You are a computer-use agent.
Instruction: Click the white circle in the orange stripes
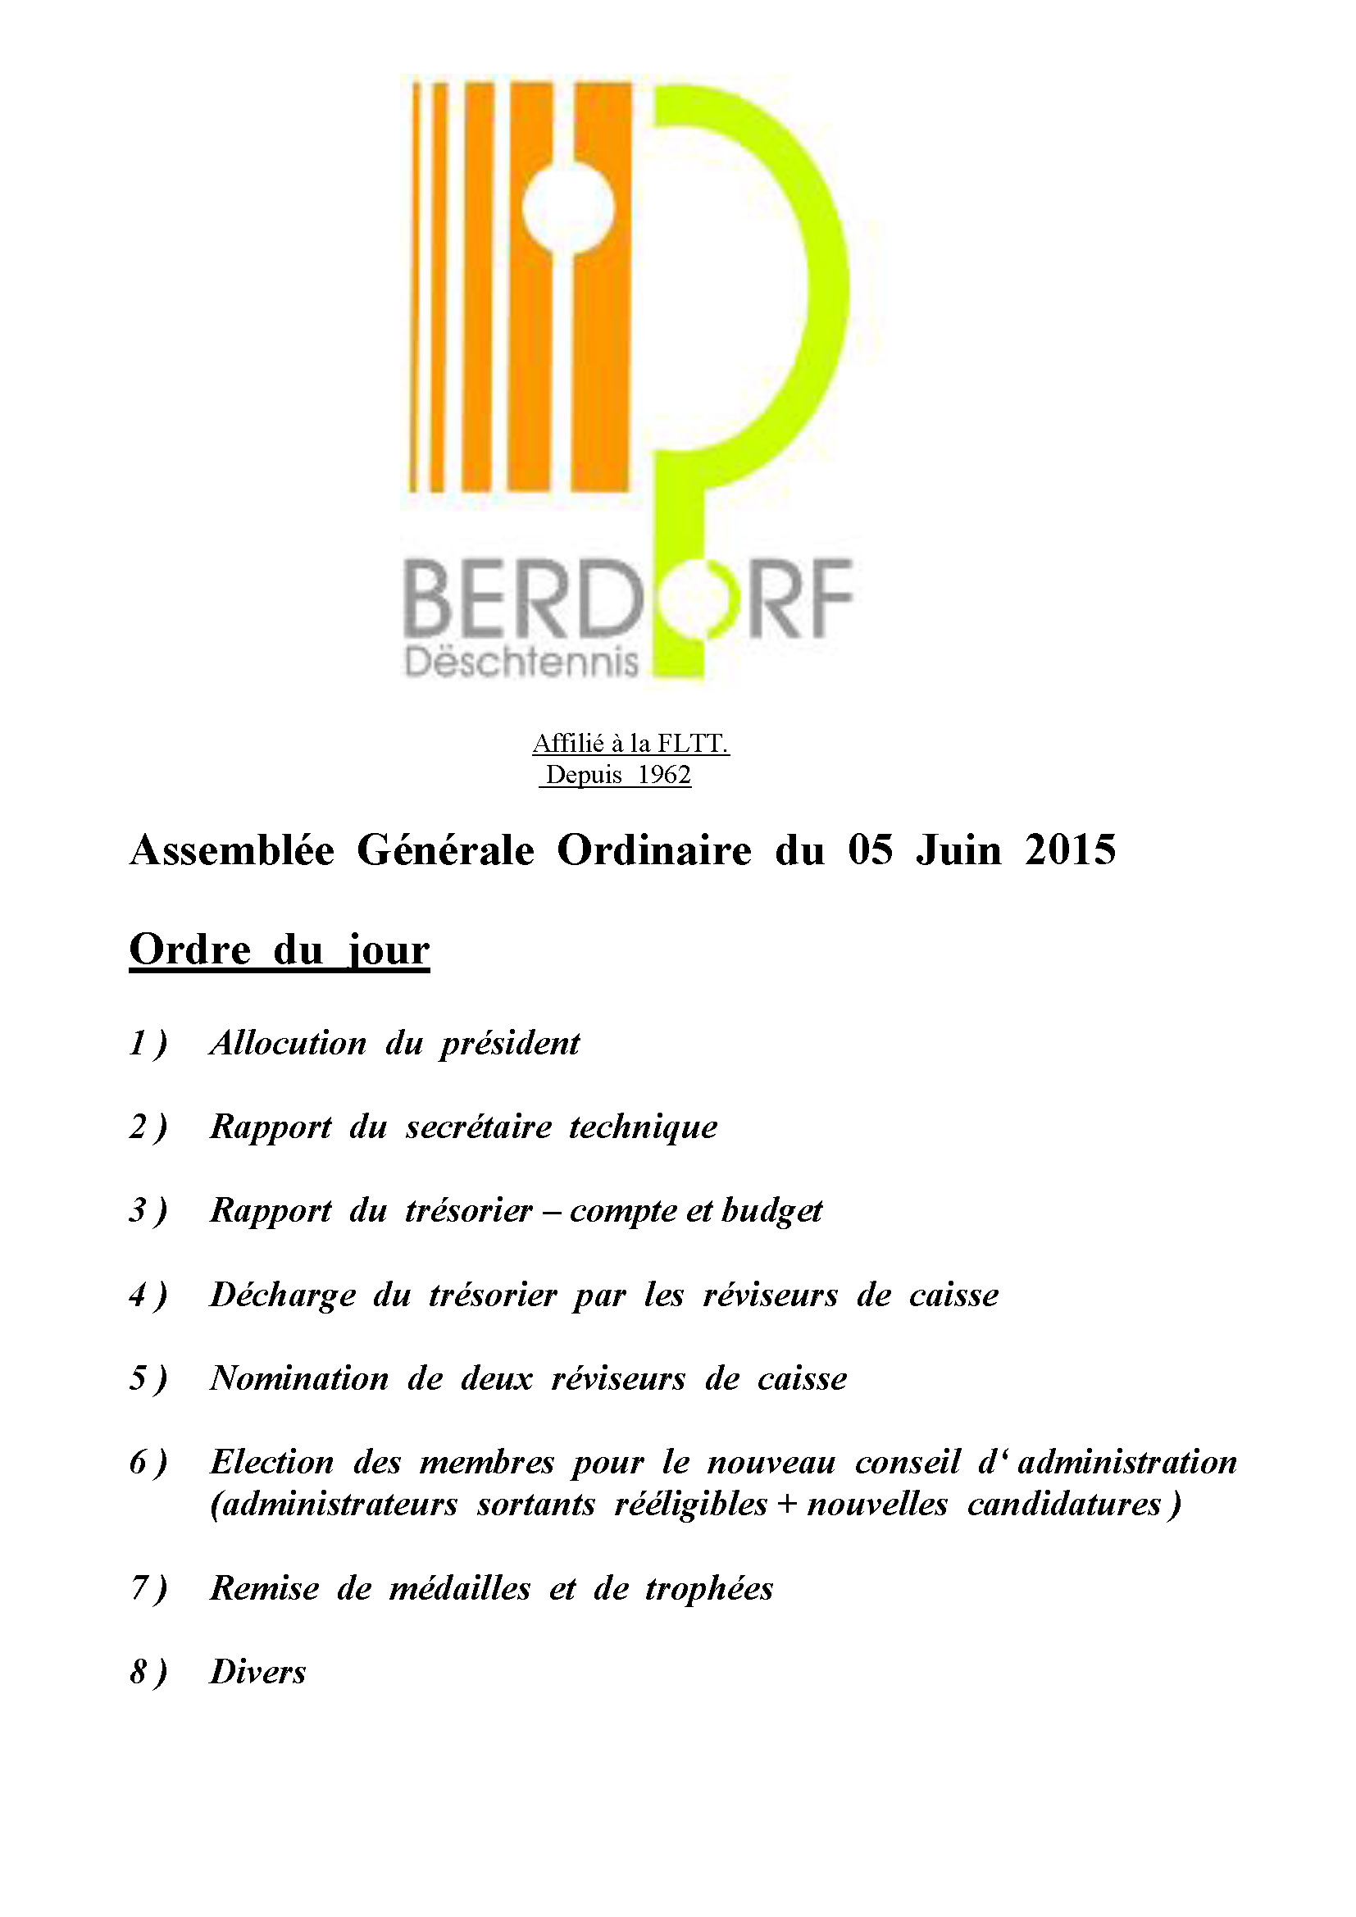tap(568, 205)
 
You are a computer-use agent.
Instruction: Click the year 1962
tap(664, 775)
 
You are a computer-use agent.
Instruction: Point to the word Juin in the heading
tap(958, 850)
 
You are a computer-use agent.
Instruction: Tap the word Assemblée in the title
tap(232, 850)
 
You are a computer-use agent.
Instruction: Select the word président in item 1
tap(509, 1043)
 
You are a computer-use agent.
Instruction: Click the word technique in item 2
tap(643, 1127)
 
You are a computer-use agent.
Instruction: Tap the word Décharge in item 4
tap(283, 1294)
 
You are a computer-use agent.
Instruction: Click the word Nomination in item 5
tap(299, 1378)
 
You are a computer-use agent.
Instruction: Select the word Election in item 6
tap(271, 1462)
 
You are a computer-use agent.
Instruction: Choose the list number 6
tap(139, 1462)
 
